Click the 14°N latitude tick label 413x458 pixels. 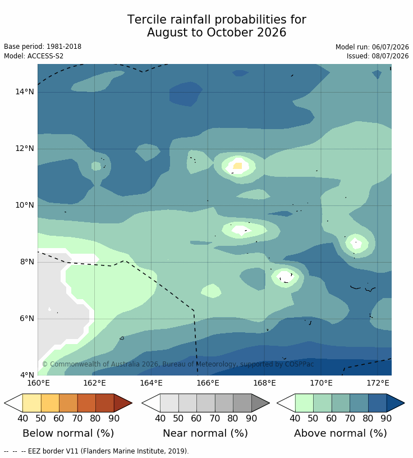[x=25, y=91]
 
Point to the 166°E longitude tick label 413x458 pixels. [x=208, y=383]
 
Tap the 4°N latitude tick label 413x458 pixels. [x=27, y=375]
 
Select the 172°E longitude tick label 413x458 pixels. [x=378, y=383]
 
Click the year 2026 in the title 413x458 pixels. [x=272, y=33]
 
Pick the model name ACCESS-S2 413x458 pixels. [x=45, y=56]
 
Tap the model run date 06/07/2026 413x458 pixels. [x=390, y=47]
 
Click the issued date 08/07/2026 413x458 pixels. [x=390, y=56]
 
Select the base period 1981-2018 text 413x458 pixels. [x=64, y=47]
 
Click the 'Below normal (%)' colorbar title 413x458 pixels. [x=68, y=433]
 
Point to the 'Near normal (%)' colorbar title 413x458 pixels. [x=205, y=433]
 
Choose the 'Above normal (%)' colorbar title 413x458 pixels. [x=340, y=433]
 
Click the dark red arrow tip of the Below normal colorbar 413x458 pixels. [x=132, y=403]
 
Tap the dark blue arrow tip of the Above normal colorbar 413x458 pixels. [x=404, y=403]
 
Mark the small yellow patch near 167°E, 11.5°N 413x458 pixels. [x=238, y=166]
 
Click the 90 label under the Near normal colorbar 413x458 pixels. [x=251, y=419]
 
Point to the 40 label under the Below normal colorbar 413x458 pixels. [x=23, y=419]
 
